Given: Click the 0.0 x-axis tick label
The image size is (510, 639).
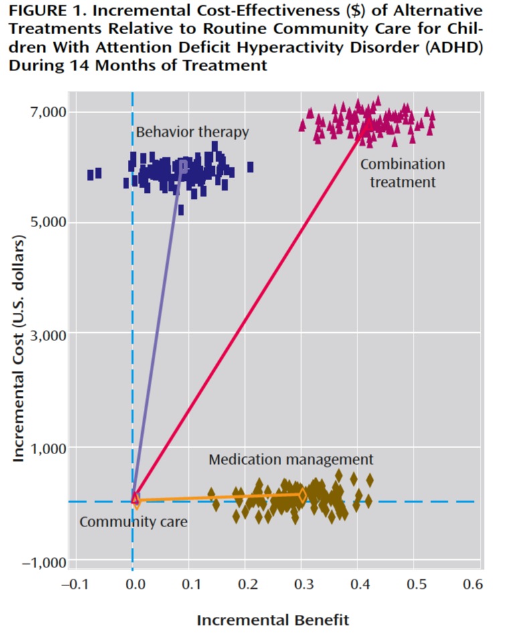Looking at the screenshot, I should coord(135,585).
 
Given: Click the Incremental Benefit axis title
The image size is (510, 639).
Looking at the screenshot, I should coord(272,620).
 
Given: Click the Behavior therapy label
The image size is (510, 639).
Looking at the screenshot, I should coord(192,132).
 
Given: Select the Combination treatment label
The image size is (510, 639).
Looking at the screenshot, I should coord(402,173).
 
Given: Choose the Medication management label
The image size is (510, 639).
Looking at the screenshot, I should coord(290,459).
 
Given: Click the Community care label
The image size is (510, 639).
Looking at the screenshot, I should coord(133,521).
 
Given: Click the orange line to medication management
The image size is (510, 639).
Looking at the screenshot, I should coord(221,497).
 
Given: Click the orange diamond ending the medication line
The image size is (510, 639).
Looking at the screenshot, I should coord(302,495).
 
